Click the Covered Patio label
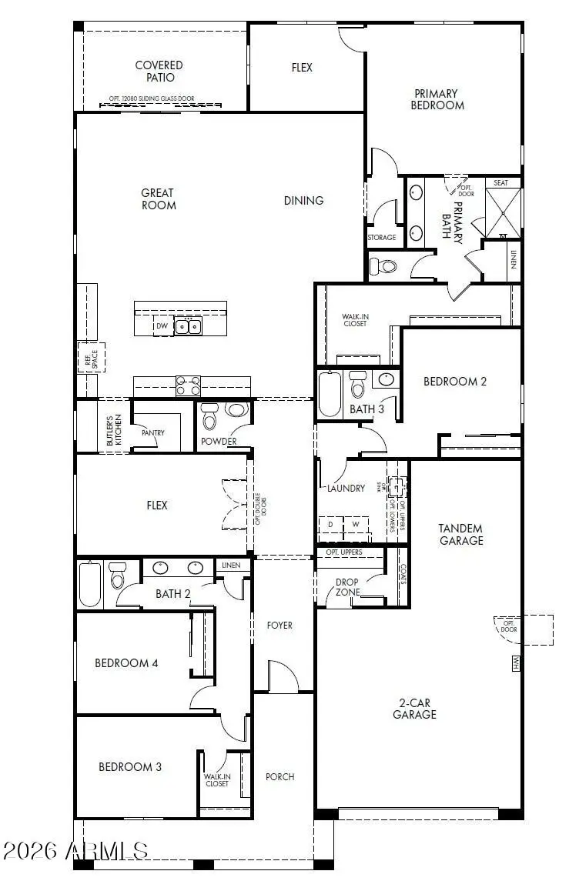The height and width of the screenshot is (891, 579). click(159, 72)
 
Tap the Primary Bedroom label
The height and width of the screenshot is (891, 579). click(437, 99)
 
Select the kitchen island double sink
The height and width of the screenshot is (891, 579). click(187, 327)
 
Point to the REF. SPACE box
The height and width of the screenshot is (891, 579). click(89, 357)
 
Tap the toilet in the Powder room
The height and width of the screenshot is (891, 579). click(209, 420)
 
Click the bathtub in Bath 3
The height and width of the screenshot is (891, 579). click(330, 394)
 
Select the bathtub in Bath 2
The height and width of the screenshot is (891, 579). click(90, 584)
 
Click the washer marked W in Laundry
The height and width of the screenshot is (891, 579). click(356, 524)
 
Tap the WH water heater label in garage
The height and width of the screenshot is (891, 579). click(515, 662)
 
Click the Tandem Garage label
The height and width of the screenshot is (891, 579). click(460, 534)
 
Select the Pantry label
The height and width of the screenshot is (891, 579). click(153, 433)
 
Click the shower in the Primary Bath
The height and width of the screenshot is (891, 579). click(504, 212)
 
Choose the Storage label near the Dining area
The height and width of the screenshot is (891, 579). click(382, 238)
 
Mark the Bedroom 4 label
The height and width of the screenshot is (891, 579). click(126, 662)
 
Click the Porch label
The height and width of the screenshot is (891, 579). click(279, 776)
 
